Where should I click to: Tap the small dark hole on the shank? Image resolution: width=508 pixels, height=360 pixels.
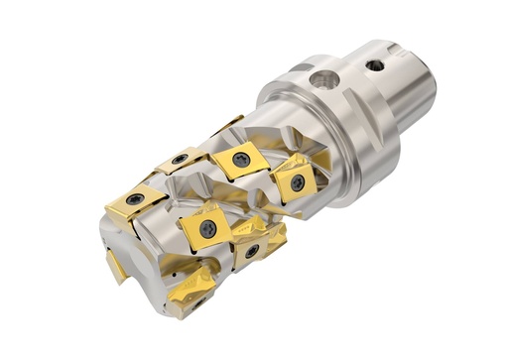point(376,65)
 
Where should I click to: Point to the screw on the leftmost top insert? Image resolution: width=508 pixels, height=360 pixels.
point(134,199)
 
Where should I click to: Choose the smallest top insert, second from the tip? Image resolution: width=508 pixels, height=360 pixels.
point(180,160)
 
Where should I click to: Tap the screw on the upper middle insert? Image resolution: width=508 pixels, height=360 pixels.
point(241,159)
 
